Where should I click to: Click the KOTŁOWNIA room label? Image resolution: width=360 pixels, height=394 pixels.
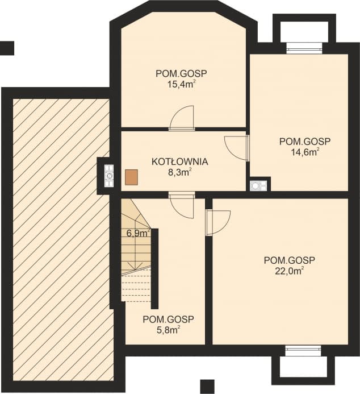[179, 161]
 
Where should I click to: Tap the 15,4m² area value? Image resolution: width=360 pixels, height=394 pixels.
[182, 84]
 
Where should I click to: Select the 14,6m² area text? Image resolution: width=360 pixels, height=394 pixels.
[305, 152]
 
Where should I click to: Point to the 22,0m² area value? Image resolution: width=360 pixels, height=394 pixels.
[290, 271]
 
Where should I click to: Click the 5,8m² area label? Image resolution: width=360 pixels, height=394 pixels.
[169, 330]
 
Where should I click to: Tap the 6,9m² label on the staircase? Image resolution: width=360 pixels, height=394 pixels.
[138, 233]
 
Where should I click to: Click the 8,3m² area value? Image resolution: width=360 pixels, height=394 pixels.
[180, 173]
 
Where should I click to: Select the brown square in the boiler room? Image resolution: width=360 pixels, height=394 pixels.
[132, 177]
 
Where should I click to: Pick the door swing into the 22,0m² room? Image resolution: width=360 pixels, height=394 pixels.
[218, 223]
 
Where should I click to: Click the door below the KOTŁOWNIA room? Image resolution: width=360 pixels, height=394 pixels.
[182, 205]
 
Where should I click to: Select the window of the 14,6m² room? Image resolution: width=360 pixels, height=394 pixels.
[304, 48]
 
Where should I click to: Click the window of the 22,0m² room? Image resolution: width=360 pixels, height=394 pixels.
[303, 351]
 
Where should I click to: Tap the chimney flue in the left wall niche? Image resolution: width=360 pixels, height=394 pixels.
[109, 176]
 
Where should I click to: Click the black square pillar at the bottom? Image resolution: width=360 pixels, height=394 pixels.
[207, 387]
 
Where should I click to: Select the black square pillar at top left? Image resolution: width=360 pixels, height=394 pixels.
[7, 48]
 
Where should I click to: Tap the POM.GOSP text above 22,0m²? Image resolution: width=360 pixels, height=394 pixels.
[290, 260]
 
